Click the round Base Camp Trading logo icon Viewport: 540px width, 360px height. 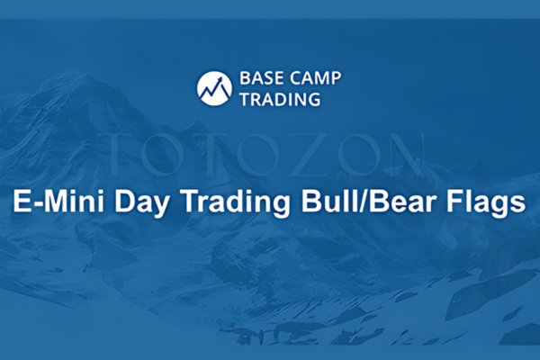pos(214,87)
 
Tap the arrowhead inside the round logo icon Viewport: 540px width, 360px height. pos(220,82)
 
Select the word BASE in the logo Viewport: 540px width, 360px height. pos(260,78)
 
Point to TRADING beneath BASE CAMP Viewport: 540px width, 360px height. pos(280,99)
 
